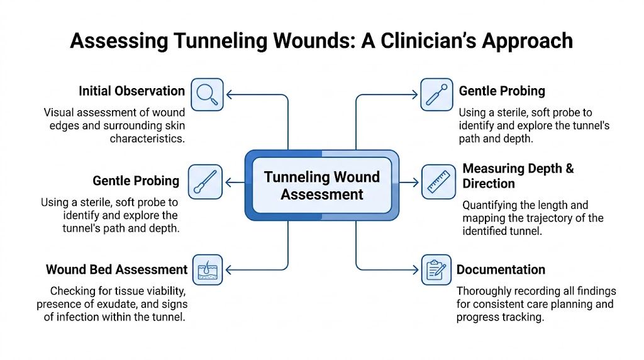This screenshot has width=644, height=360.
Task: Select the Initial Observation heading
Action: click(131, 91)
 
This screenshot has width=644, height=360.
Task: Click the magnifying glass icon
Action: click(207, 94)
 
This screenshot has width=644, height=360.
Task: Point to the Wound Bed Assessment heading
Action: click(116, 269)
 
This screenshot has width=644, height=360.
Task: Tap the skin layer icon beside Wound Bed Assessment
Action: click(207, 269)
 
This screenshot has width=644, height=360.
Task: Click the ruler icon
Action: click(436, 182)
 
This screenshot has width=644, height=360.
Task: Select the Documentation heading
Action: click(501, 269)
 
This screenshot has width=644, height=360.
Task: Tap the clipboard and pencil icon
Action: click(436, 269)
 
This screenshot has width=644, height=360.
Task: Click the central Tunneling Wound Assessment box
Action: click(321, 185)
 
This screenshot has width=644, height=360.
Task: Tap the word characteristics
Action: click(147, 138)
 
